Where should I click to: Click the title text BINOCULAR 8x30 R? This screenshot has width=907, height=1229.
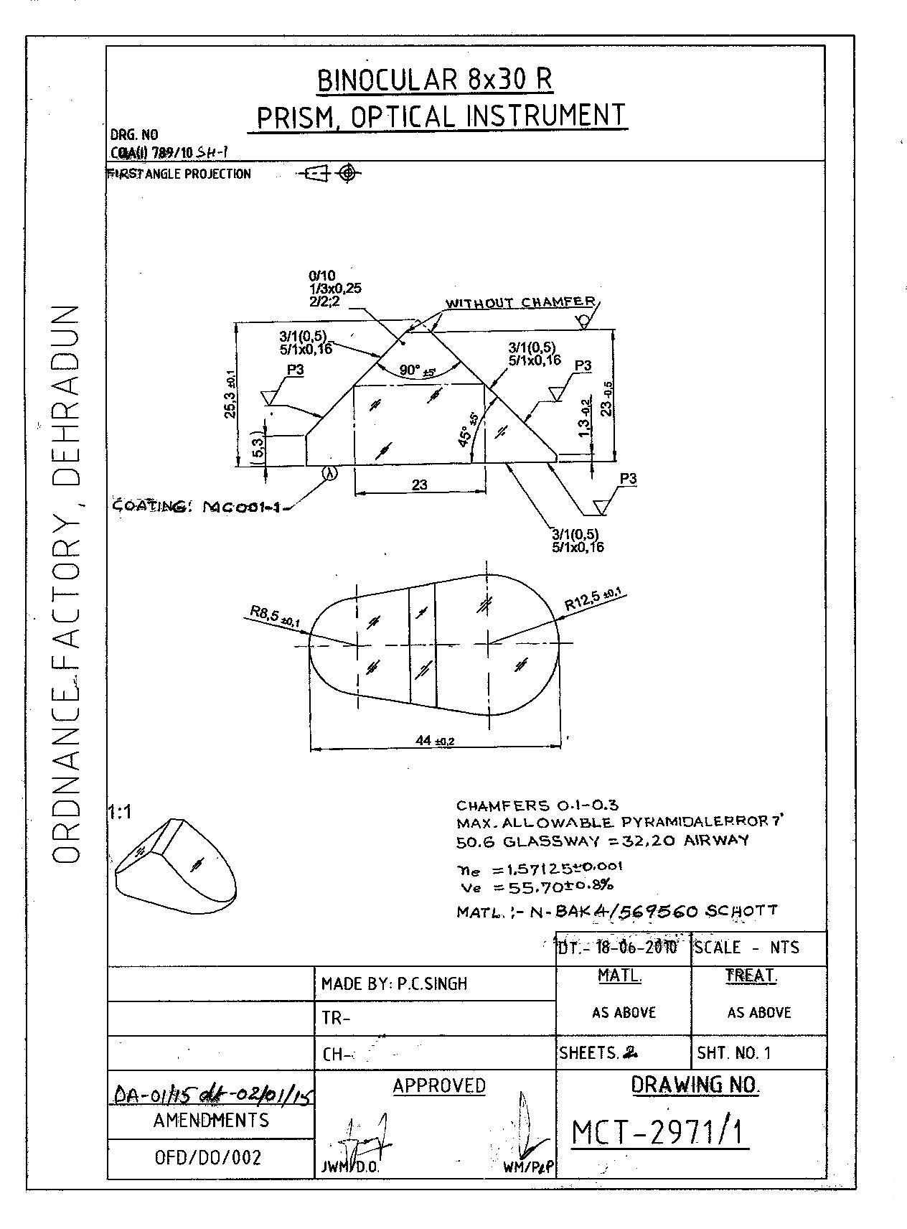coord(435,80)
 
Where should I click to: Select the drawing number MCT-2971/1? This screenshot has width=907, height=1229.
coord(658,1133)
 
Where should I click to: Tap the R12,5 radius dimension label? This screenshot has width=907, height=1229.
coord(593,599)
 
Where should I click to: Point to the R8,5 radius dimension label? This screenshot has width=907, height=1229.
coord(275,617)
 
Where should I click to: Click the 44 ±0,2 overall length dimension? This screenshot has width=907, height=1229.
coord(435,740)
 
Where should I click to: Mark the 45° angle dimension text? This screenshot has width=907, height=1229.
coord(467,431)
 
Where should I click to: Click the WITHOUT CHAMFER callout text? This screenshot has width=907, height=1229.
coord(520,303)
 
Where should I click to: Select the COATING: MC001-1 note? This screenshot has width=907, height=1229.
coord(199,507)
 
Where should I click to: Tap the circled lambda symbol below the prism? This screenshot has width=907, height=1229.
coord(330,473)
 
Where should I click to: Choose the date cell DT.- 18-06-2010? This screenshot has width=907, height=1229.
coord(618,948)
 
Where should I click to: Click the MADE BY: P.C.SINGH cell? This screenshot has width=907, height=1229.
coord(394,983)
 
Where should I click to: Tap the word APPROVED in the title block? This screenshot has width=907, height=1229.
coord(439,1086)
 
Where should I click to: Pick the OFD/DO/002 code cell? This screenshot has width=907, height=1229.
coord(209,1157)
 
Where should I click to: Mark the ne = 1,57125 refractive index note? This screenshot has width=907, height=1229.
coord(540,869)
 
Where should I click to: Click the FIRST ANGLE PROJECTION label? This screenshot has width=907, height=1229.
coord(179,174)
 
